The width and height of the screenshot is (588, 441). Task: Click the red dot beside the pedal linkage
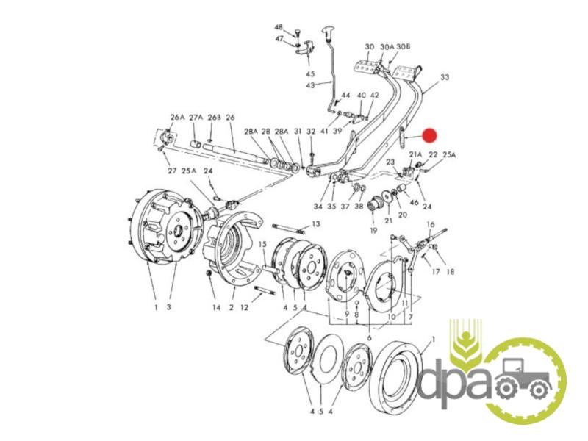(429, 136)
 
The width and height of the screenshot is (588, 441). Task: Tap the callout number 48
(279, 27)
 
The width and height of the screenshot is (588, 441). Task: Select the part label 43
(310, 85)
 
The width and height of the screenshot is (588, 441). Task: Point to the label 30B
(403, 46)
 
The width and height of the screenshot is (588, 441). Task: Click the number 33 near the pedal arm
(445, 77)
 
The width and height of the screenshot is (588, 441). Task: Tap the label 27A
(196, 118)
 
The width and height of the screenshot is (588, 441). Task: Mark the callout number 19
(373, 231)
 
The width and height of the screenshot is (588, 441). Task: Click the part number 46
(414, 203)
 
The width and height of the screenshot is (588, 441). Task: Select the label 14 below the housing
(216, 308)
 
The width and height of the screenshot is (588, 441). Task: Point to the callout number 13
(316, 224)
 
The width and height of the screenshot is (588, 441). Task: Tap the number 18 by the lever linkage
(449, 270)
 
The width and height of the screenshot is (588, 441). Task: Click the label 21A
(415, 154)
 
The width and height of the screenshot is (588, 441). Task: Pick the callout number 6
(370, 338)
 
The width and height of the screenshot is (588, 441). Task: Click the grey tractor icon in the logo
(523, 379)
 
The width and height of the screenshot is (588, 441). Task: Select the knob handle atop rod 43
(328, 31)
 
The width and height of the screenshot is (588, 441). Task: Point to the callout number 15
(262, 245)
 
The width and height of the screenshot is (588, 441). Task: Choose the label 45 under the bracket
(309, 73)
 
